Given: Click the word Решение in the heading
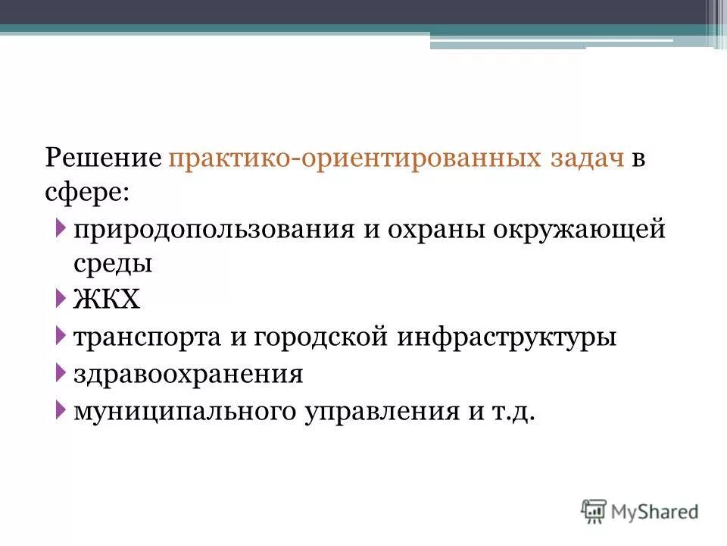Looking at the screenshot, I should tap(103, 160).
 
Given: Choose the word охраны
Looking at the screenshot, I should tap(429, 230).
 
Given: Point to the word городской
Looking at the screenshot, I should tap(319, 337).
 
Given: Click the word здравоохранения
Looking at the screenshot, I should tap(189, 374).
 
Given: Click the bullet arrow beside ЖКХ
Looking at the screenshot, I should tap(61, 299).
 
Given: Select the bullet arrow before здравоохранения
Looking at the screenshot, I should tap(61, 373).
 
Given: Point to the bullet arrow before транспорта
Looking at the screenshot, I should tap(61, 336).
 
